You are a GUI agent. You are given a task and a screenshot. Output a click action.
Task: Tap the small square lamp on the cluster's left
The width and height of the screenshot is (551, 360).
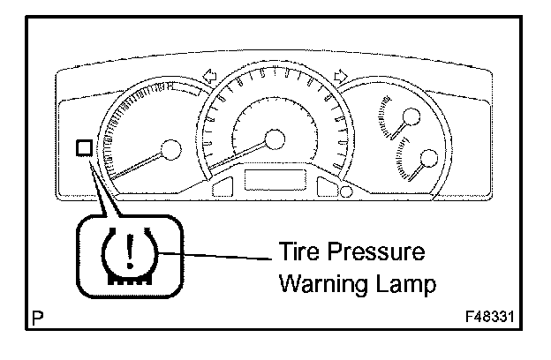coord(84,147)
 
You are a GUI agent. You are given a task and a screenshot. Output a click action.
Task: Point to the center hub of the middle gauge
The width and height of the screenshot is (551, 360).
coord(275,139)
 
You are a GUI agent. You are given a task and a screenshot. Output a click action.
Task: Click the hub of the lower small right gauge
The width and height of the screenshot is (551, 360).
coord(429,159)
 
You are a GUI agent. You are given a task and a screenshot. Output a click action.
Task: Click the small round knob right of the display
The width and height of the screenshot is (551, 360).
coord(346,190)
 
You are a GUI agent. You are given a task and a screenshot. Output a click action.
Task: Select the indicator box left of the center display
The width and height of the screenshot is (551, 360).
coord(222,186)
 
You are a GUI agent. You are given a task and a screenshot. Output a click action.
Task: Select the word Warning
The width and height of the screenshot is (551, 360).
coord(314,285)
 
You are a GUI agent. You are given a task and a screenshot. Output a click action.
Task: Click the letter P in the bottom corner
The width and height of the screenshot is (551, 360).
coord(37,316)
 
